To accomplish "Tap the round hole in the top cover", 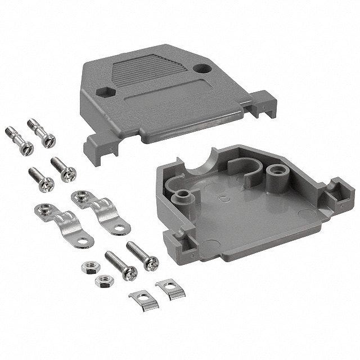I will click(x=200, y=69).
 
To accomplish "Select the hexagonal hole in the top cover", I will click(x=103, y=91).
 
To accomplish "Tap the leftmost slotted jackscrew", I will click(x=19, y=141).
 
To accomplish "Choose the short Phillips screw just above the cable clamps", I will click(x=63, y=169).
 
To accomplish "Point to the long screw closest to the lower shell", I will click(x=143, y=255).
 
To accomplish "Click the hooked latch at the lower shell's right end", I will click(x=340, y=191).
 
